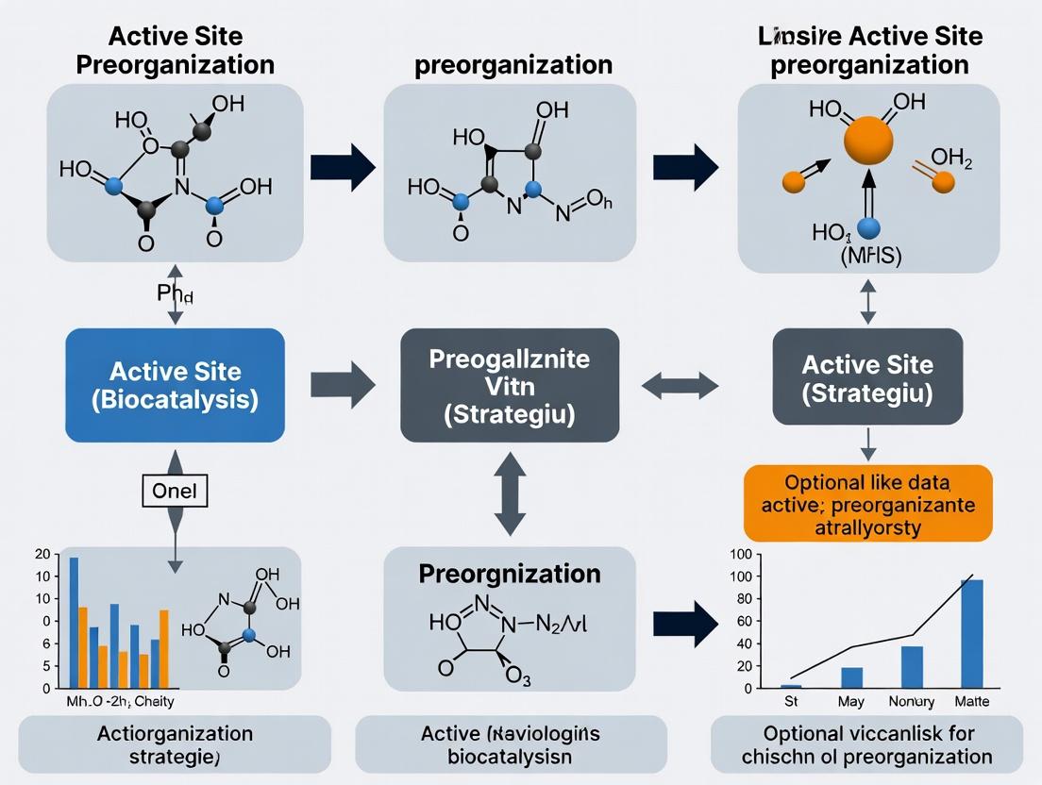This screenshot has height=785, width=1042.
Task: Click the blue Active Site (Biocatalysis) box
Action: pos(175,385)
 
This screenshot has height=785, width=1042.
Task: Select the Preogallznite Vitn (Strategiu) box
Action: pos(510,385)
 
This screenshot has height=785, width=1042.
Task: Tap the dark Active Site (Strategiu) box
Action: pos(867,377)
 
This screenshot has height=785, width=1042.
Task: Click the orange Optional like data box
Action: pos(867,503)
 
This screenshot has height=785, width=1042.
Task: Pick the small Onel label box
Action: pos(175,492)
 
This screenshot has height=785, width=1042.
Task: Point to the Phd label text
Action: pos(175,293)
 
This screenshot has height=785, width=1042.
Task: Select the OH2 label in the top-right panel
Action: pos(950,157)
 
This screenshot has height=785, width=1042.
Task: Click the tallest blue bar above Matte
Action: pos(971,633)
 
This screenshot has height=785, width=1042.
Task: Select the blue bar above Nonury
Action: pos(912,666)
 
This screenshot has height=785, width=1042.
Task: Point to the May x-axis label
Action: pos(852,701)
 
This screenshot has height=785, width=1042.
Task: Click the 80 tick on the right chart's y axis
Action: pos(741,598)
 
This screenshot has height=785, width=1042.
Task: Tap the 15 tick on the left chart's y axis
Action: pos(42,576)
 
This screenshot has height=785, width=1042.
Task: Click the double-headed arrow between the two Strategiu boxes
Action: pos(680,385)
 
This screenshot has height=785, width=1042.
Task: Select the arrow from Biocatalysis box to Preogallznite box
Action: pos(343,385)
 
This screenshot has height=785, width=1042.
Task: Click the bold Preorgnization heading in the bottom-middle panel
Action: pos(510,574)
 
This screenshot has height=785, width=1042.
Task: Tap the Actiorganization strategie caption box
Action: pos(175,744)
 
